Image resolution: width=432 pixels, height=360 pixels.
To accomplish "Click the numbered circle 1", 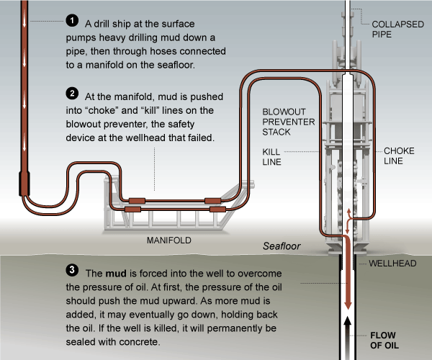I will point(72,20).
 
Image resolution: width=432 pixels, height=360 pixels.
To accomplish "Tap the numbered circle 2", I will point(72,94).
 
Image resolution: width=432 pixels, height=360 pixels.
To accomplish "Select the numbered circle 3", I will point(72,271).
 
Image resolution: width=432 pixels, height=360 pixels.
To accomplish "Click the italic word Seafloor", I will point(280,246).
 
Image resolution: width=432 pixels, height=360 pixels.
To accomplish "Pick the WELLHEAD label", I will point(393,264).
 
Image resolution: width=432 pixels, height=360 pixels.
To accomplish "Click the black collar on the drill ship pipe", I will point(25,186).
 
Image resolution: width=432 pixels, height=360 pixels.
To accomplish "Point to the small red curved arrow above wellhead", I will point(348,216).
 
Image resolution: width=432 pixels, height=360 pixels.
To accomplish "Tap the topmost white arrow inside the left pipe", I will point(26,14).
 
